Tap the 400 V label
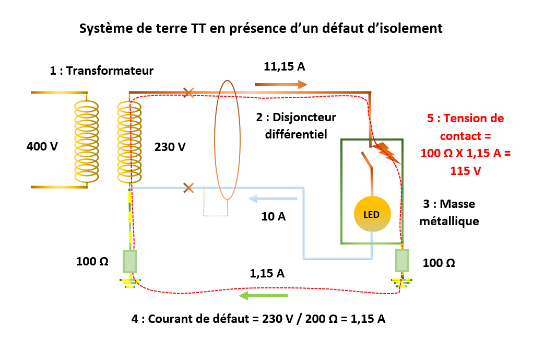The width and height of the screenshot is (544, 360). tap(42, 147)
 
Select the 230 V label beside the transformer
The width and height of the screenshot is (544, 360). tap(170, 147)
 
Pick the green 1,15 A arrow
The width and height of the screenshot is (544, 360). tap(264, 296)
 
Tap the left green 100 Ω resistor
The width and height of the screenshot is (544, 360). tap(129, 261)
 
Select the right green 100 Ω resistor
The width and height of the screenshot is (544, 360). tap(401, 260)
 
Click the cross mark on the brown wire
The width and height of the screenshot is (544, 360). tap(189, 93)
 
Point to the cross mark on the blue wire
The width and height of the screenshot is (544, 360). tap(188, 187)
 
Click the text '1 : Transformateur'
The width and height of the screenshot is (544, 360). tap(102, 71)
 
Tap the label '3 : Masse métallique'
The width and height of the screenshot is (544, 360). tap(451, 212)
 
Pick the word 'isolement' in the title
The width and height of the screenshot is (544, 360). tap(412, 28)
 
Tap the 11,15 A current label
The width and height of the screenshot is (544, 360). tap(284, 67)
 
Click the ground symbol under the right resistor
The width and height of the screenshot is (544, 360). tap(401, 283)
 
